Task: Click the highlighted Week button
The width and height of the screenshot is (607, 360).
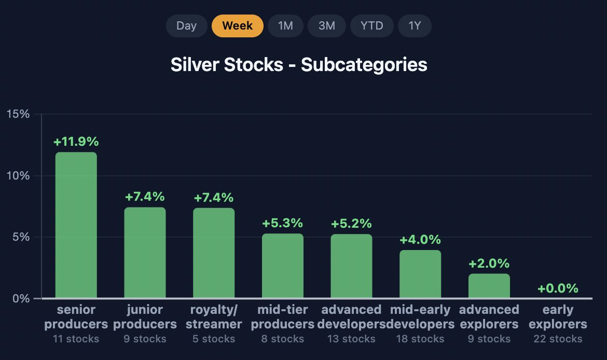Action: click(x=237, y=26)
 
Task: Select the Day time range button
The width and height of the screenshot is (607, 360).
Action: click(x=187, y=26)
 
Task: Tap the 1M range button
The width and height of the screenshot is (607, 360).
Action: click(x=285, y=26)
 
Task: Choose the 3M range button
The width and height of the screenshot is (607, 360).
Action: click(x=327, y=26)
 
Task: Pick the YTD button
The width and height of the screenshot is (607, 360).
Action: click(x=371, y=26)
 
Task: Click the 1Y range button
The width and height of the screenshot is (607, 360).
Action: click(x=415, y=26)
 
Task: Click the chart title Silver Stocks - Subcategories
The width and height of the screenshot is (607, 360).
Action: click(x=299, y=65)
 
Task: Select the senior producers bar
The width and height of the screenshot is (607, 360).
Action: click(x=76, y=225)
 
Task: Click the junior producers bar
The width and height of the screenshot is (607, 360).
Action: click(x=145, y=253)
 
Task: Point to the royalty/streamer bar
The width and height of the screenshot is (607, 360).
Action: click(x=214, y=253)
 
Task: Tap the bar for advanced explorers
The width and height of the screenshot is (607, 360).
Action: click(x=489, y=286)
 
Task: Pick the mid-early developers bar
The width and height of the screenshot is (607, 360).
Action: click(x=420, y=274)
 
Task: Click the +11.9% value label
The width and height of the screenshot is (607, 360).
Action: click(x=76, y=142)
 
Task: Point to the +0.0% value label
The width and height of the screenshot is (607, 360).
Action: click(x=558, y=288)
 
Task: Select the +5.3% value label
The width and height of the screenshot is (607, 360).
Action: click(x=283, y=223)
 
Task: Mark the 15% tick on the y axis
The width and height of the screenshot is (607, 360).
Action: click(x=18, y=114)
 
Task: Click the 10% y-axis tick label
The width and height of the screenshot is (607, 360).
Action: click(x=18, y=176)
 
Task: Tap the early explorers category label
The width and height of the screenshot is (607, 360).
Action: click(x=558, y=316)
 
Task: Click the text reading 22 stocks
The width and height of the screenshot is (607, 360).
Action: click(x=558, y=339)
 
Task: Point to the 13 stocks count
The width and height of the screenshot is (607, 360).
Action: click(x=351, y=339)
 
